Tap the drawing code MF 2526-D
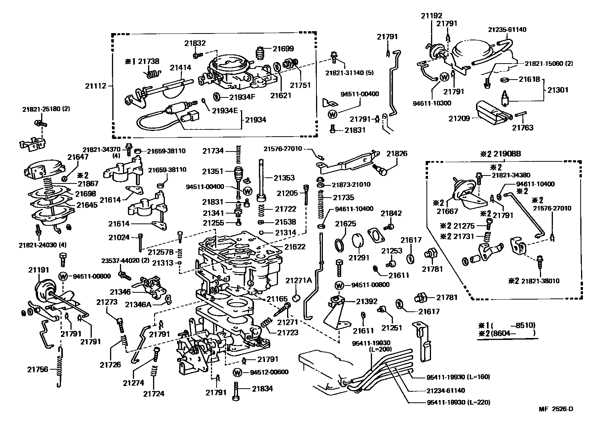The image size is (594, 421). pos(556,409)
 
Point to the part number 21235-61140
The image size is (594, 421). pos(507,29)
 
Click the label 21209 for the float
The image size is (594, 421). pos(459,118)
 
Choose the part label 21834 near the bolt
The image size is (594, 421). pos(262,389)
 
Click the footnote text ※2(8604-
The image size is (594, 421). pos(506,333)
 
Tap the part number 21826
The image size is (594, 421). pos(397,154)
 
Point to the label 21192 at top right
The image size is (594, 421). pos(431,16)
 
